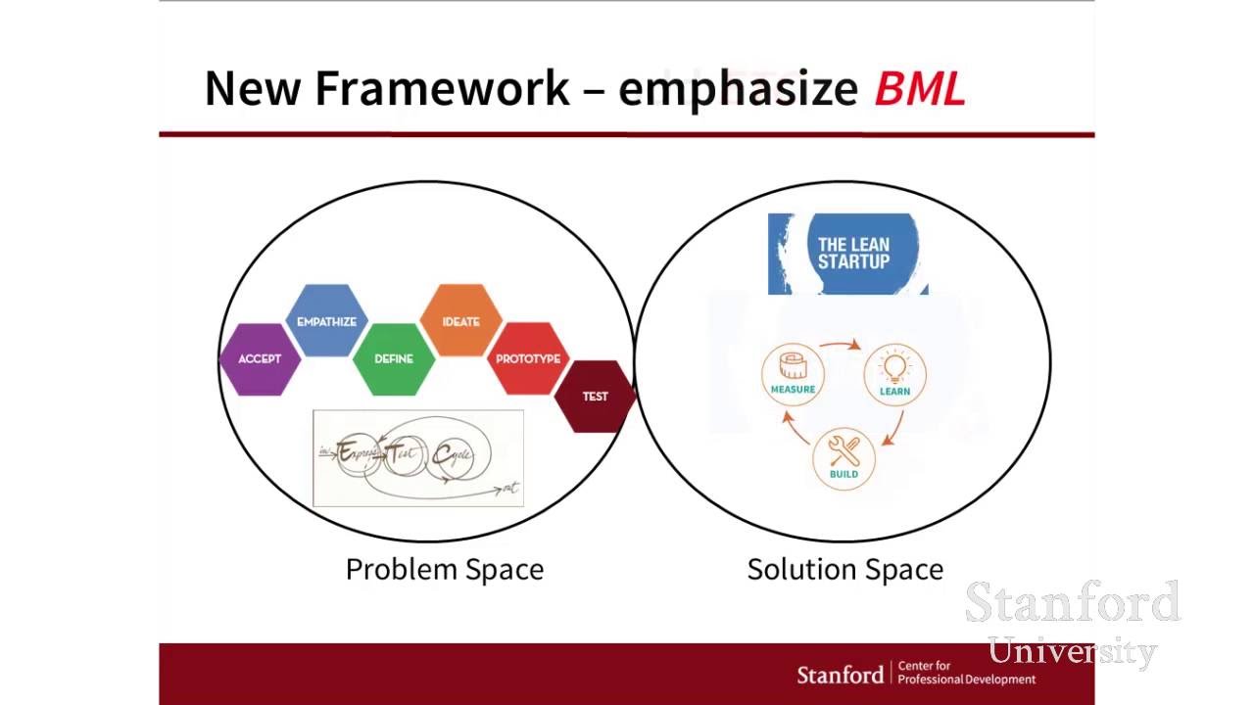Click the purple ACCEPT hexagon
click(x=260, y=359)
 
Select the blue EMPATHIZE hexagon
click(x=326, y=321)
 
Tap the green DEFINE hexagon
click(x=394, y=359)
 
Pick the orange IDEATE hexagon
click(x=460, y=321)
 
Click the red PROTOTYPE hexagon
click(x=528, y=359)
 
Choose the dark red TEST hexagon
click(x=595, y=397)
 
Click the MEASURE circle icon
click(x=793, y=371)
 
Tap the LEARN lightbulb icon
click(x=894, y=371)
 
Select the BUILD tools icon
click(x=844, y=455)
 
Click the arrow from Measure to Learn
click(x=841, y=344)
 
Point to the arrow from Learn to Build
click(x=892, y=429)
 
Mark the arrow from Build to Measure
click(x=795, y=427)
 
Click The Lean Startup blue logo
click(x=848, y=254)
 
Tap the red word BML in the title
click(x=920, y=89)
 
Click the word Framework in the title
click(x=442, y=88)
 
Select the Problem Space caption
click(x=444, y=570)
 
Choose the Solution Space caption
click(x=844, y=570)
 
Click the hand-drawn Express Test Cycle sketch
click(x=418, y=458)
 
